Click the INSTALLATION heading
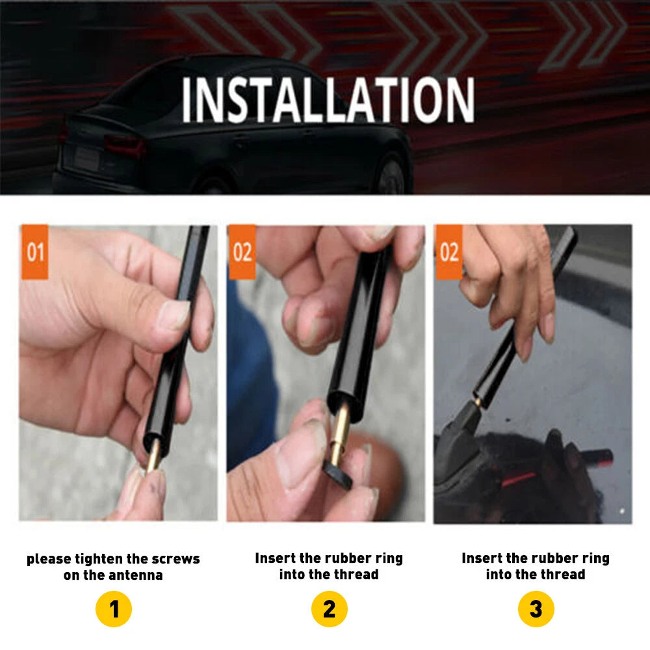pos(328,101)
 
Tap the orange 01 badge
pos(35,252)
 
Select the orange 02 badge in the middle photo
pos(242,252)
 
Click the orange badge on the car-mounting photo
pos(448,252)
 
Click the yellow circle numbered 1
pos(114,610)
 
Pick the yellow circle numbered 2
pos(329,610)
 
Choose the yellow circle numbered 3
pos(536,610)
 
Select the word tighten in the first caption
pos(101,559)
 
